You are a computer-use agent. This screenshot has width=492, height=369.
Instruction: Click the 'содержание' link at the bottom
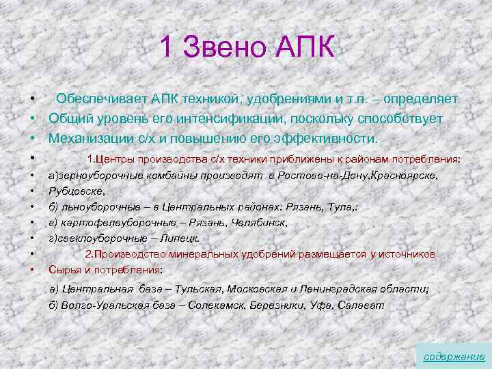[x=454, y=357]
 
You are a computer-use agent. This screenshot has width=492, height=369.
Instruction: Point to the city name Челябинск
[x=262, y=223]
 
